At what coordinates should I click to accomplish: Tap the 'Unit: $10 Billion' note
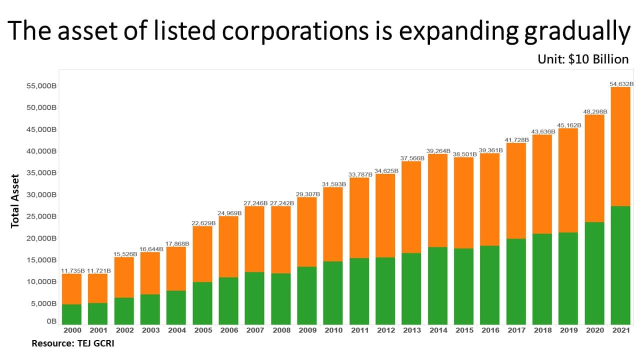coord(583,59)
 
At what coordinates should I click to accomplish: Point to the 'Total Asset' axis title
coord(15,201)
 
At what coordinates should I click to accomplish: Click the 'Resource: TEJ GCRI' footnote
coord(73,343)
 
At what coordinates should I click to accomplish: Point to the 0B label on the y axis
coord(51,322)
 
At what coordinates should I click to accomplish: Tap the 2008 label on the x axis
coord(281,330)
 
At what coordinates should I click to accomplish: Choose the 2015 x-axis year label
coord(463,330)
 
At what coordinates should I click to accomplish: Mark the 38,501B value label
coord(464,154)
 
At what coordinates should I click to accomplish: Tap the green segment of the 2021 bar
coord(620,265)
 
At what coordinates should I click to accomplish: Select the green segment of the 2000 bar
coord(72,314)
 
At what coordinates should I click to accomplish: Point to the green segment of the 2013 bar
coord(411,288)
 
